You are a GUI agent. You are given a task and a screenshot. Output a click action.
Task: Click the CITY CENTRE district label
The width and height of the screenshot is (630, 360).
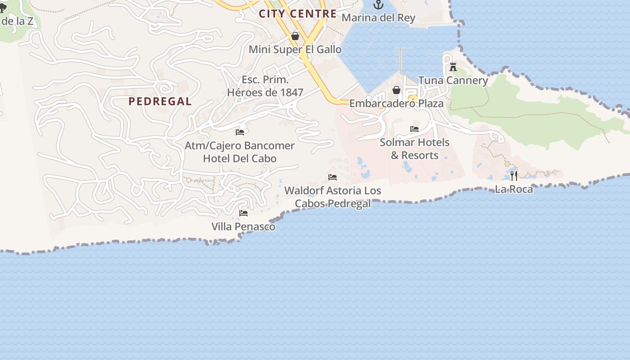click(x=297, y=13)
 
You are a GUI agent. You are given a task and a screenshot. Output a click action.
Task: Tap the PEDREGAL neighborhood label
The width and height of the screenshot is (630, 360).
click(x=160, y=101)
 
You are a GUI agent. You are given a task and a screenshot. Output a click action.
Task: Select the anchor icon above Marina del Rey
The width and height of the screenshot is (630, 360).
click(x=378, y=5)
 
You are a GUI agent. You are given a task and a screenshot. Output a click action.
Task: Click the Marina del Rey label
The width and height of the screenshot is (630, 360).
click(x=378, y=18)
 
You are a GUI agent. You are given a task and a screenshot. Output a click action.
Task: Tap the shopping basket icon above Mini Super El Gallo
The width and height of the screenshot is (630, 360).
click(x=295, y=36)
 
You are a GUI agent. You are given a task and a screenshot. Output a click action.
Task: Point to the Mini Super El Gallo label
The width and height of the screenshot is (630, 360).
click(x=295, y=49)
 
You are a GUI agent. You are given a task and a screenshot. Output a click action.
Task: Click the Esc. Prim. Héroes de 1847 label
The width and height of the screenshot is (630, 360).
click(x=265, y=86)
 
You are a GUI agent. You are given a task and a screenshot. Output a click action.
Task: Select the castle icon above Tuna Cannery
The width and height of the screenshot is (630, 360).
click(x=453, y=67)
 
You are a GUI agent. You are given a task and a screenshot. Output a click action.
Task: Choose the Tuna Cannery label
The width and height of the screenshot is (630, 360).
click(x=453, y=81)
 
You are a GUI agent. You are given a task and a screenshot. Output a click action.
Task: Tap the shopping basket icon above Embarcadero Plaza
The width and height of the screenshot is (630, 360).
click(x=396, y=90)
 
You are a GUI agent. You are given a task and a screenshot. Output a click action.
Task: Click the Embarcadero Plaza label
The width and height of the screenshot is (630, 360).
click(x=396, y=103)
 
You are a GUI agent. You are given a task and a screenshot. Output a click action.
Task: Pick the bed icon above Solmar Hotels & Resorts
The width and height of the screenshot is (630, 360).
click(x=414, y=129)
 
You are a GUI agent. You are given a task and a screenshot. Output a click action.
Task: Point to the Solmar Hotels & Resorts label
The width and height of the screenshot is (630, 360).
click(x=414, y=149)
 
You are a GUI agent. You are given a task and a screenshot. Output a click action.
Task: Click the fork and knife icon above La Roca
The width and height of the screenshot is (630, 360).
click(x=514, y=175)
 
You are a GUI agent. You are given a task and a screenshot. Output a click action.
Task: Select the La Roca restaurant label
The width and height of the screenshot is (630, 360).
click(x=514, y=189)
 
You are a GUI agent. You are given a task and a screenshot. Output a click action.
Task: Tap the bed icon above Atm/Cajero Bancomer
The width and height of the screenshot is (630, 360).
click(x=240, y=132)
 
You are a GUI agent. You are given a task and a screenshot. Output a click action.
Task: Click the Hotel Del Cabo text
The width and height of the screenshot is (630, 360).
click(x=240, y=158)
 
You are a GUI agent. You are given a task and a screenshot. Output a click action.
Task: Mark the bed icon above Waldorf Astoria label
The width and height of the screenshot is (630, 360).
click(x=333, y=177)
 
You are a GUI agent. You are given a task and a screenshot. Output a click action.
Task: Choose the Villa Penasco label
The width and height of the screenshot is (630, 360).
click(x=243, y=227)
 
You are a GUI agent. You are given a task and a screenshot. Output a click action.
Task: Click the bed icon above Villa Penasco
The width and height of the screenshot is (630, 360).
click(x=243, y=213)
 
